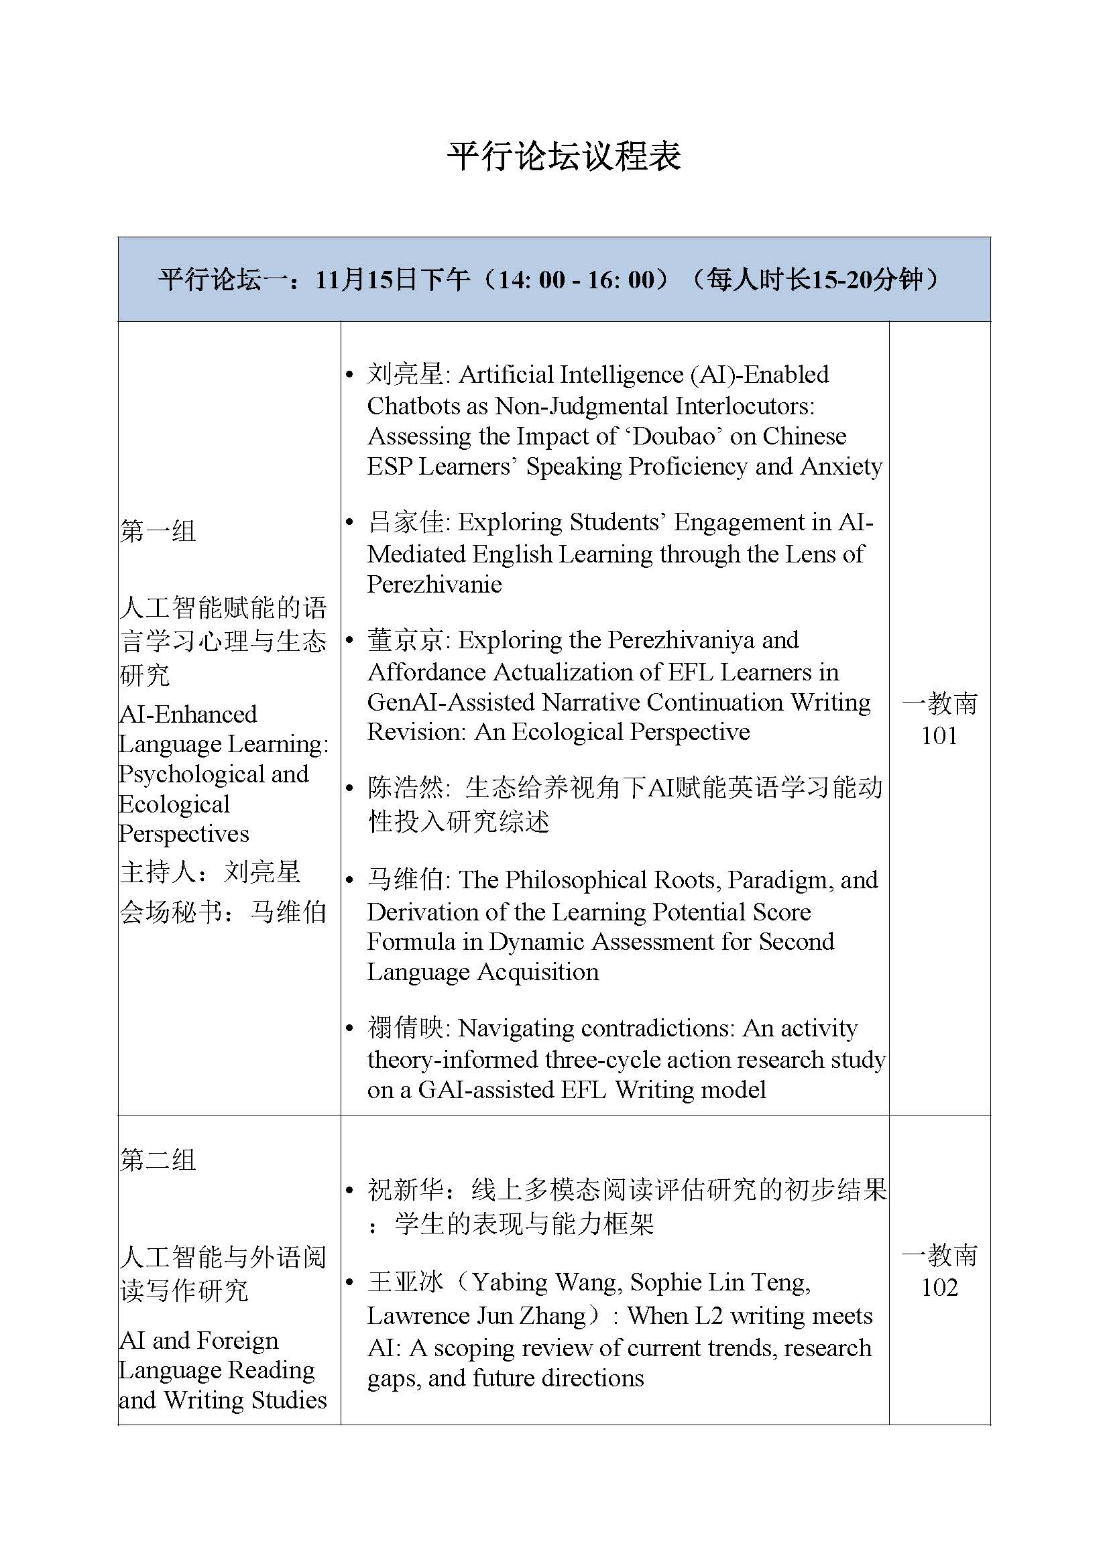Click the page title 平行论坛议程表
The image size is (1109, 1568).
[564, 157]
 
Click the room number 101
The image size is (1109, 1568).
[939, 735]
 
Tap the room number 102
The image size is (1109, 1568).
[939, 1287]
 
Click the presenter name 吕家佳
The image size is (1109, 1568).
[406, 522]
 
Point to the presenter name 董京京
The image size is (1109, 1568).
[406, 641]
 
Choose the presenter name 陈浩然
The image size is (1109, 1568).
[406, 788]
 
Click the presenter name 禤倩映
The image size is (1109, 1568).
[406, 1028]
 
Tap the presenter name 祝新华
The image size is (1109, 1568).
[406, 1190]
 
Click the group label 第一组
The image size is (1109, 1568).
[158, 531]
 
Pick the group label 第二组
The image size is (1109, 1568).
[158, 1160]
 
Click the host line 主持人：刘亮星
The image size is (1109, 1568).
[211, 872]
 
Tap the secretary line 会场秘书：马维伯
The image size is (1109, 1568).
[223, 912]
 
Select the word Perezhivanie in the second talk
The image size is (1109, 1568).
[434, 585]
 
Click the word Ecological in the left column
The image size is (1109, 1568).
[174, 804]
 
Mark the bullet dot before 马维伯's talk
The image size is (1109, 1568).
[349, 881]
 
